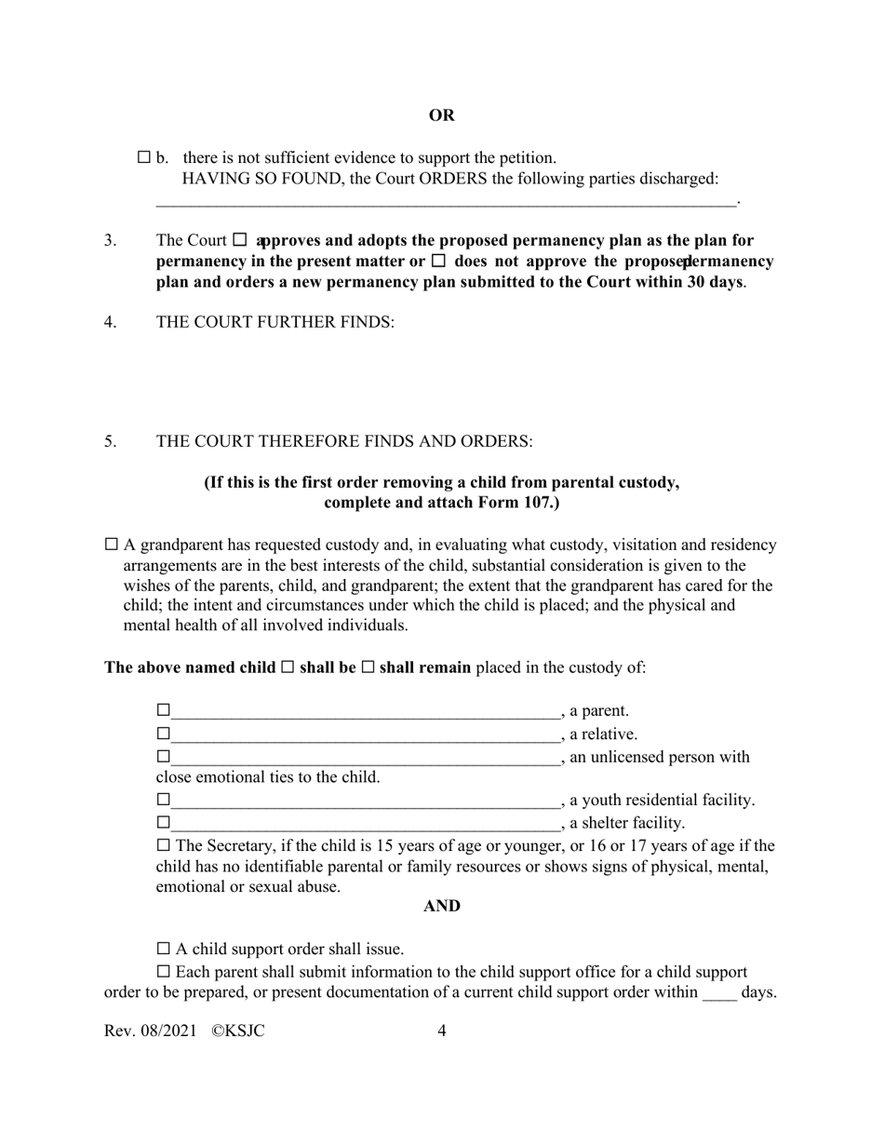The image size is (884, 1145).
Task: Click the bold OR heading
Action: (441, 115)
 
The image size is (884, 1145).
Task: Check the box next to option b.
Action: (144, 157)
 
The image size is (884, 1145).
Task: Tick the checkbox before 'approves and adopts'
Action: (240, 239)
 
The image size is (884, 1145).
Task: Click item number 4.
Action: (111, 322)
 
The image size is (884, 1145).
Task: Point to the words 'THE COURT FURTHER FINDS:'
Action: (275, 322)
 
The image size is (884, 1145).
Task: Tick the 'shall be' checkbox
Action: (288, 667)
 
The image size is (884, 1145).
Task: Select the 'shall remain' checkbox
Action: (368, 667)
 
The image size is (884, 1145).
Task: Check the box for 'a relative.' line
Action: (164, 734)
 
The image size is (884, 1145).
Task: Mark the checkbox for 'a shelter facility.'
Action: (164, 823)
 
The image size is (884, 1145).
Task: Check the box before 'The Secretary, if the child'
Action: (164, 845)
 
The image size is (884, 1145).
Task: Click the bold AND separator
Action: (441, 906)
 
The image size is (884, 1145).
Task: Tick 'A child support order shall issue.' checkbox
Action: (164, 949)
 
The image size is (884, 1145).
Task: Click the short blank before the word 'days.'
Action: (718, 993)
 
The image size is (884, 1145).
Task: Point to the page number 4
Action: (441, 1030)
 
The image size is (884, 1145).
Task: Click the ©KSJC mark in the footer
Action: (238, 1030)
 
